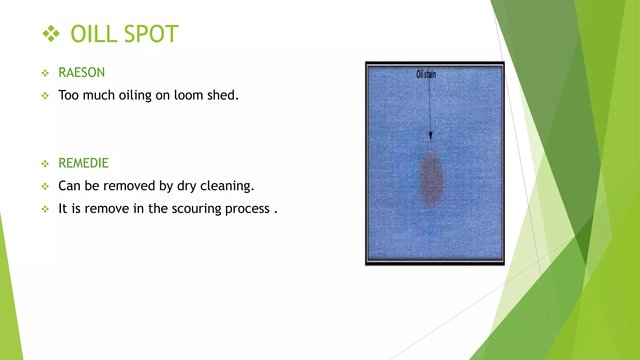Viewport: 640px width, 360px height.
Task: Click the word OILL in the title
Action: pyautogui.click(x=94, y=34)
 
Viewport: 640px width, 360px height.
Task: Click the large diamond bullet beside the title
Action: pyautogui.click(x=51, y=33)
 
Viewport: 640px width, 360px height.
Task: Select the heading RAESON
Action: pyautogui.click(x=82, y=72)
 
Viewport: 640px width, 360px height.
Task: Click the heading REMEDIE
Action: pyautogui.click(x=83, y=163)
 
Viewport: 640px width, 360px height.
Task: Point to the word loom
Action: pyautogui.click(x=188, y=95)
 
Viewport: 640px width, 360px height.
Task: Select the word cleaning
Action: pyautogui.click(x=227, y=186)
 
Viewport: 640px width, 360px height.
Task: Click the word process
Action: pyautogui.click(x=247, y=209)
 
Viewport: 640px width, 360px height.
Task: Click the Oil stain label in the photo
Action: pyautogui.click(x=426, y=74)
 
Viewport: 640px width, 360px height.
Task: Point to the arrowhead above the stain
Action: pyautogui.click(x=430, y=136)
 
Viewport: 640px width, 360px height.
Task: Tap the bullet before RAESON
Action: pyautogui.click(x=45, y=73)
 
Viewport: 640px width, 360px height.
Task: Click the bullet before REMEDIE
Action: pyautogui.click(x=45, y=163)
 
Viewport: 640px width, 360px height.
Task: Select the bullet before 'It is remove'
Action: pyautogui.click(x=45, y=209)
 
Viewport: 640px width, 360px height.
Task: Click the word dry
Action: pyautogui.click(x=187, y=186)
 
